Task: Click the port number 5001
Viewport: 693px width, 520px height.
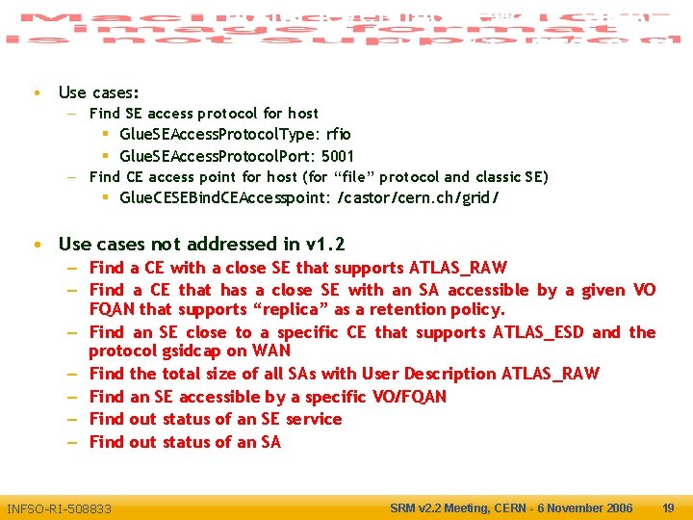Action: click(338, 156)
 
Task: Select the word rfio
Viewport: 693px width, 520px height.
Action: click(338, 135)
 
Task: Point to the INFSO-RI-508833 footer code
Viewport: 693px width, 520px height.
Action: click(59, 508)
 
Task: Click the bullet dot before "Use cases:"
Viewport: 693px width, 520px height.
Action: click(36, 93)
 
